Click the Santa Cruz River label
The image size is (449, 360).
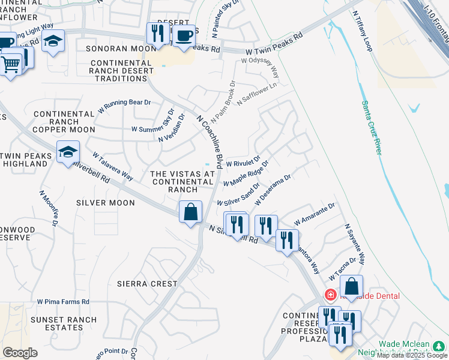370,128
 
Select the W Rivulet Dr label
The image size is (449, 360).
243,163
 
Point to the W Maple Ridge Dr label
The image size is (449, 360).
246,173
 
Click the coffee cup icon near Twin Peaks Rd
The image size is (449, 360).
185,34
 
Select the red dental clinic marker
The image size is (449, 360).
330,295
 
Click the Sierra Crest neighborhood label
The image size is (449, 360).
147,283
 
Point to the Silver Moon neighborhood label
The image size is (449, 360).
106,203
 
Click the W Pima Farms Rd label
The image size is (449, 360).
63,302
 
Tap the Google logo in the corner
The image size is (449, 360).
20,353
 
